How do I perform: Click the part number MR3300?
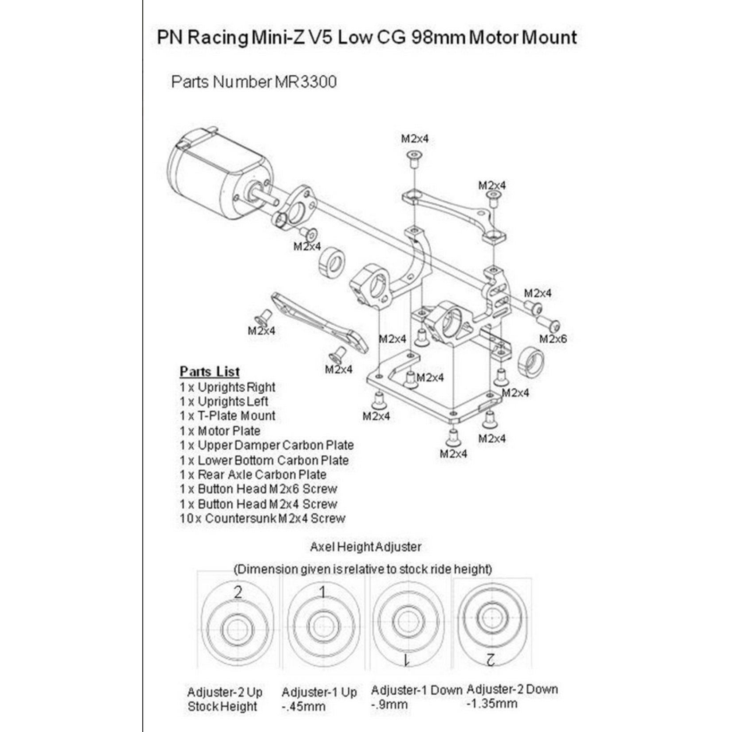click(306, 82)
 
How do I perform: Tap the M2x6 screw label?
click(553, 339)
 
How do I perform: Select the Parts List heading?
click(210, 371)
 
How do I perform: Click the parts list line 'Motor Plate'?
click(220, 431)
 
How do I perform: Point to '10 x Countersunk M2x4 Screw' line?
click(262, 518)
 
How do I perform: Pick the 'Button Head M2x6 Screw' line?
click(258, 489)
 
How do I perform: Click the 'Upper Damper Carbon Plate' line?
click(267, 445)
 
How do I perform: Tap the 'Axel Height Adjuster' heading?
click(366, 547)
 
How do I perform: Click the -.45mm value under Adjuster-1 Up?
click(304, 706)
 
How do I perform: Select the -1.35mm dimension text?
click(492, 703)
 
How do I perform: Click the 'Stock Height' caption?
click(222, 706)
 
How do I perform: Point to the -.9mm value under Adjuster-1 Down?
click(389, 705)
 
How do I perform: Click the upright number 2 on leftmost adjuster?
click(238, 592)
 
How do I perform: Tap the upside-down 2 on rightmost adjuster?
click(490, 659)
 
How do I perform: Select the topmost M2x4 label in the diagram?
click(415, 139)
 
